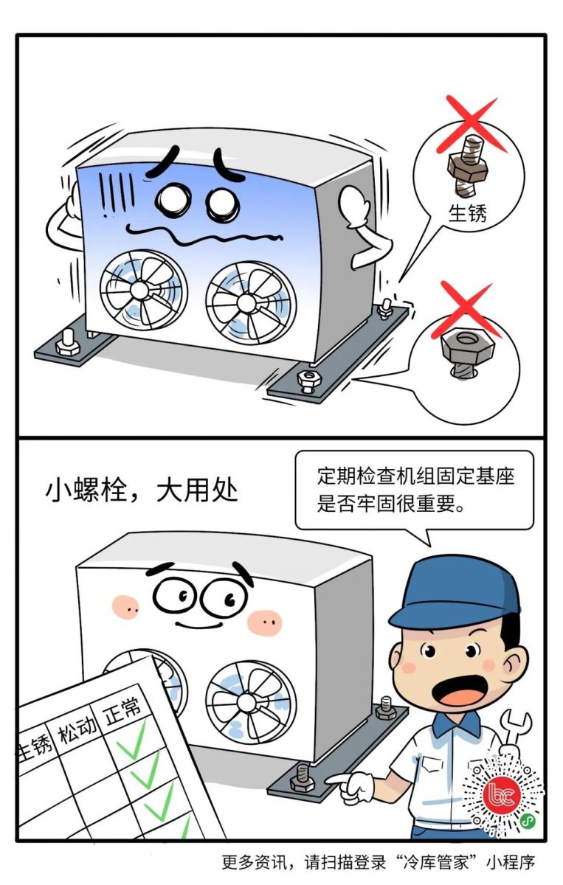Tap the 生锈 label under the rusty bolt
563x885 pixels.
(467, 214)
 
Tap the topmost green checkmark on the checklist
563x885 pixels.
(131, 740)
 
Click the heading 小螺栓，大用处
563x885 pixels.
(142, 491)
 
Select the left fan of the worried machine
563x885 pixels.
(144, 290)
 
